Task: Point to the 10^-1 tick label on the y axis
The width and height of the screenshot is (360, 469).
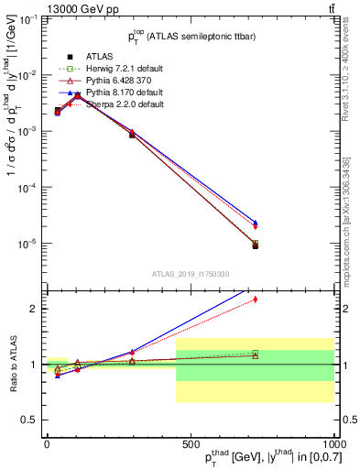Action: tap(27, 18)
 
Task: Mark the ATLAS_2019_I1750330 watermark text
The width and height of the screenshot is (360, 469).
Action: tap(190, 274)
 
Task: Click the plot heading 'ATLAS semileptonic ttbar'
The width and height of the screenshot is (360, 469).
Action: tap(190, 37)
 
